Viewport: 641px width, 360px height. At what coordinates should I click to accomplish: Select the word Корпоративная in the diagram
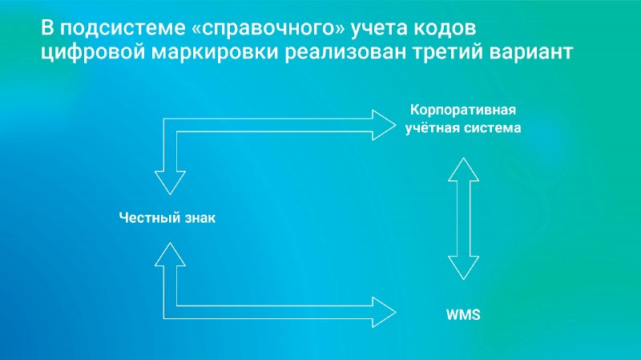click(x=462, y=110)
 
